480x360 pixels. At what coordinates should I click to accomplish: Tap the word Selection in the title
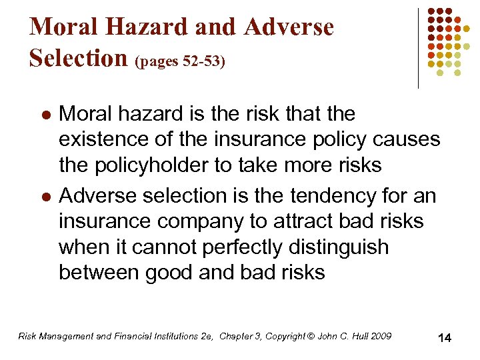coord(79,58)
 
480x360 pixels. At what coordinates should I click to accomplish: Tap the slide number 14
coord(445,338)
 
